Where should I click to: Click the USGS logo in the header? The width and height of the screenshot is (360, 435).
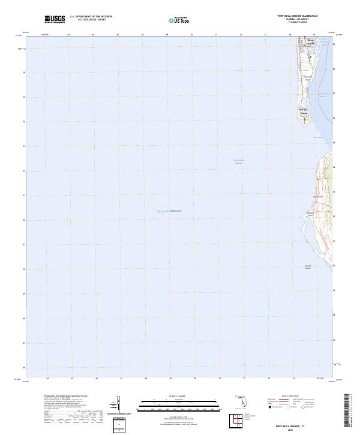click(55, 19)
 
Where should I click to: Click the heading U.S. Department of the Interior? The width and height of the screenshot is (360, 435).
click(91, 17)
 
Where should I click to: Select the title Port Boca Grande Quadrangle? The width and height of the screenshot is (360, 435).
click(297, 17)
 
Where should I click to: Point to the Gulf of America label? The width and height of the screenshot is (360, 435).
click(172, 211)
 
